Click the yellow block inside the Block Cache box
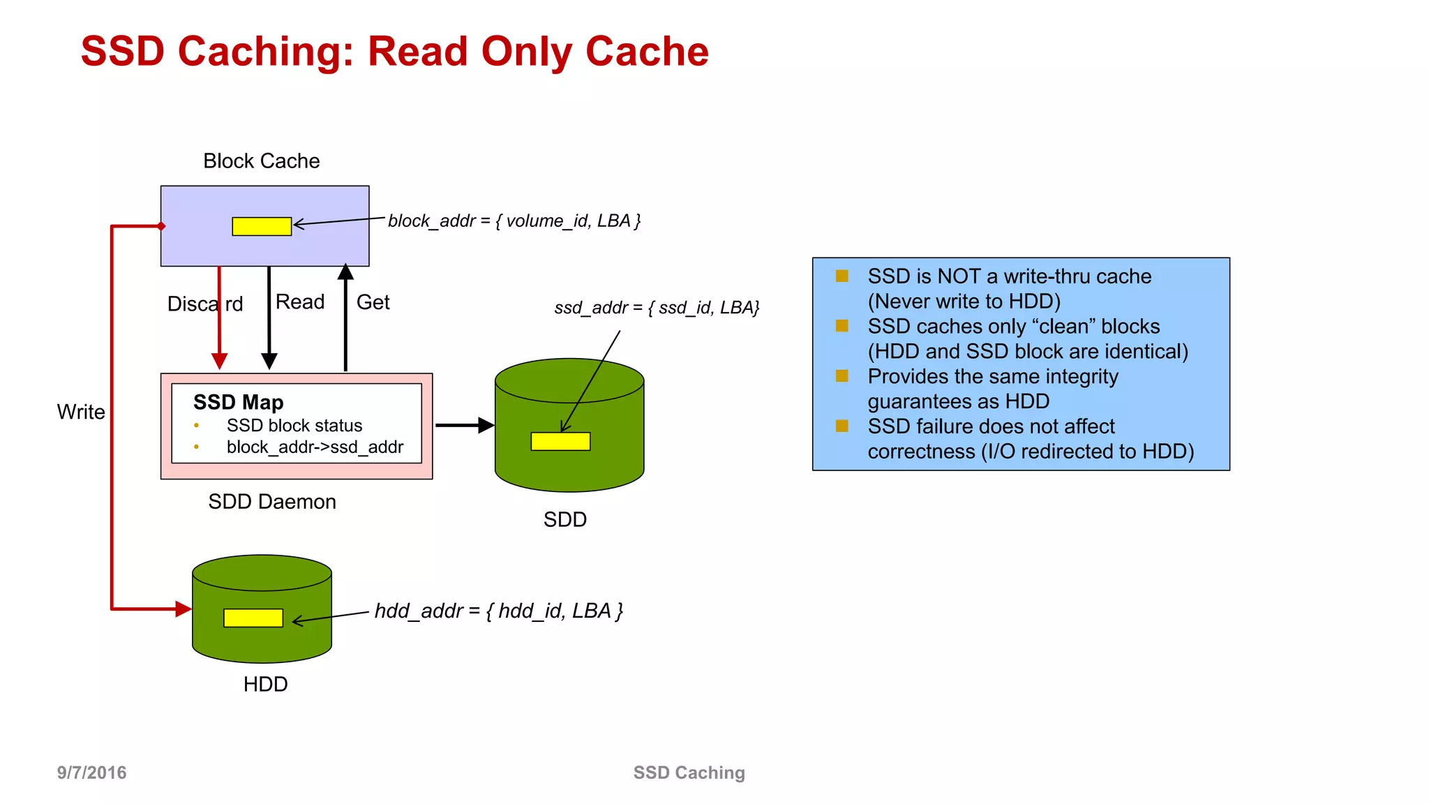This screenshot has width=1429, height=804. pos(262,226)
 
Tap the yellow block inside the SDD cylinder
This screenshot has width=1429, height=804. pos(560,441)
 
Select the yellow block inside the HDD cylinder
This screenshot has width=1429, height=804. pos(253,618)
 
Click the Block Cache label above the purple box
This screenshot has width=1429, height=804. pos(261,161)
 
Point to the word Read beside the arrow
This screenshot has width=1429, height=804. pos(300,301)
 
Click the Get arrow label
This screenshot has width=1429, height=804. pos(373,302)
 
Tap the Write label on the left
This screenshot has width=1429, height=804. pos(81,412)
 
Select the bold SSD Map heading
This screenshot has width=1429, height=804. pos(238,402)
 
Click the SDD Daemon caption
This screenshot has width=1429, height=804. pos(271,502)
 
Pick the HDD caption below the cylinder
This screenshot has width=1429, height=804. pos(265,684)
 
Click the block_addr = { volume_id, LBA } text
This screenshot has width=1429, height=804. pos(514,221)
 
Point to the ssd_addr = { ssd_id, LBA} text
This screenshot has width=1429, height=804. pos(656,308)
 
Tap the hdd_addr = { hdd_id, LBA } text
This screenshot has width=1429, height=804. pos(498,611)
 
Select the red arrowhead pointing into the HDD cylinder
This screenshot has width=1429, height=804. pos(183,609)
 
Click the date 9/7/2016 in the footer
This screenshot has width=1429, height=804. pos(91,773)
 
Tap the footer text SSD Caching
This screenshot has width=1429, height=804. pos(689,773)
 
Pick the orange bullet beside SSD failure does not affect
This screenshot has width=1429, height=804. pos(842,426)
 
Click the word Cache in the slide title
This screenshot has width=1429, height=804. pos(647,52)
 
